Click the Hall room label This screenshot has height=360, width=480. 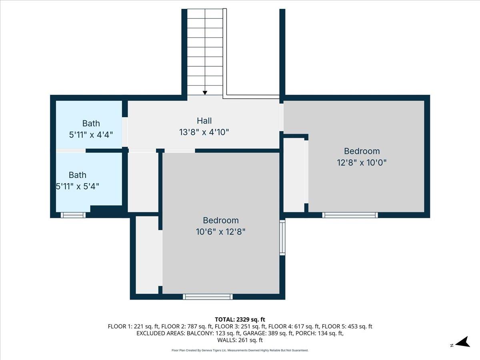[204, 120]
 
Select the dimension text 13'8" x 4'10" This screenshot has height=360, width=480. [204, 132]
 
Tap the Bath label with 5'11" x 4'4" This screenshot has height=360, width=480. [91, 123]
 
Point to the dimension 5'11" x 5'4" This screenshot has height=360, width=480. [77, 186]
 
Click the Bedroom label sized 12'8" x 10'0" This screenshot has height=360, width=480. [362, 151]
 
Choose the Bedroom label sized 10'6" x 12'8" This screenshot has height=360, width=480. [220, 220]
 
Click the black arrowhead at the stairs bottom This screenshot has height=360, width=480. [205, 93]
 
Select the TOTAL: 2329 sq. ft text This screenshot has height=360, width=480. [240, 319]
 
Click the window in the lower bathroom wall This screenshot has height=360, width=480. [73, 215]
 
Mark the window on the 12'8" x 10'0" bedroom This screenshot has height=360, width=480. [350, 215]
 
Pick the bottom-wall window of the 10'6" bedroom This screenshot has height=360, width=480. [208, 296]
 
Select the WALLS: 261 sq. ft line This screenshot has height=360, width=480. [240, 340]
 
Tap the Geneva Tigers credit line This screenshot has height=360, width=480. [240, 350]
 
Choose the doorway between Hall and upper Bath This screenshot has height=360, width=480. [125, 132]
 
